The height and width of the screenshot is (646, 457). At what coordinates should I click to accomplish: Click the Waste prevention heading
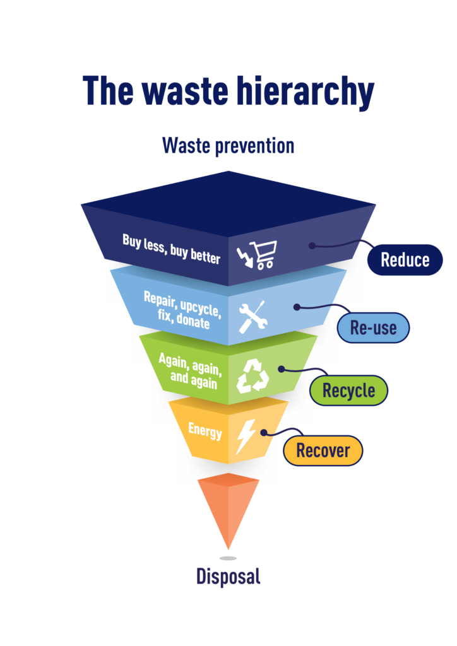(x=228, y=146)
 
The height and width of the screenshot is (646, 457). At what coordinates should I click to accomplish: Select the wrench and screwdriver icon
(x=252, y=317)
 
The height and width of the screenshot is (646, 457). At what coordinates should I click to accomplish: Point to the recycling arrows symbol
(x=252, y=376)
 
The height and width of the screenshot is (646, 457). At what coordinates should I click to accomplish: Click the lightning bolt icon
(x=246, y=435)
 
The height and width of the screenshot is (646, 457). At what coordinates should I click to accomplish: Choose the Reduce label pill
(x=405, y=259)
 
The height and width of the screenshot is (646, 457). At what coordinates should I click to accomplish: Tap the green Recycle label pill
(x=348, y=391)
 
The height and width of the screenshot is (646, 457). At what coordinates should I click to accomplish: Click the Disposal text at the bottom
(x=228, y=576)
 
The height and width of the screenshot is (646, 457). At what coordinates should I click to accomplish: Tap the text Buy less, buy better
(x=172, y=249)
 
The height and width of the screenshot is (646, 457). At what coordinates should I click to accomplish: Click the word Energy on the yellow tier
(x=205, y=432)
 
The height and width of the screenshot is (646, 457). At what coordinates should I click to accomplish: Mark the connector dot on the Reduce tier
(x=312, y=245)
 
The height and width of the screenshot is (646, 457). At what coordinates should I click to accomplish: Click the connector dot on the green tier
(x=282, y=368)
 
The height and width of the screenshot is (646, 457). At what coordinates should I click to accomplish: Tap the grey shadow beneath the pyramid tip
(x=228, y=558)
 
